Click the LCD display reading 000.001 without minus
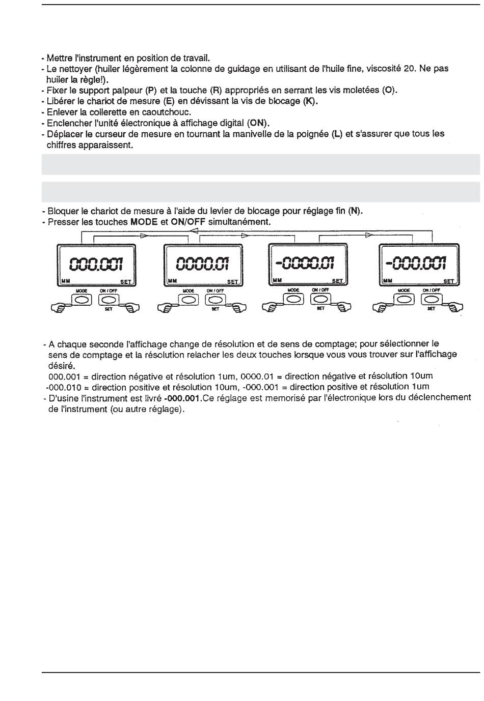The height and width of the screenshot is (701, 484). coord(97,264)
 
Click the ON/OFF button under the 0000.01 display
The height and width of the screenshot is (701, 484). coord(214,300)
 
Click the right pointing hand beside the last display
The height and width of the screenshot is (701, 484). coord(454,306)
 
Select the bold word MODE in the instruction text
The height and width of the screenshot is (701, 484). coord(144,222)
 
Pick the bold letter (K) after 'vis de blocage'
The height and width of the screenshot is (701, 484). coord(310,101)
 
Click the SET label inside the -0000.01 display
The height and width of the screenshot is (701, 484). coord(337,281)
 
